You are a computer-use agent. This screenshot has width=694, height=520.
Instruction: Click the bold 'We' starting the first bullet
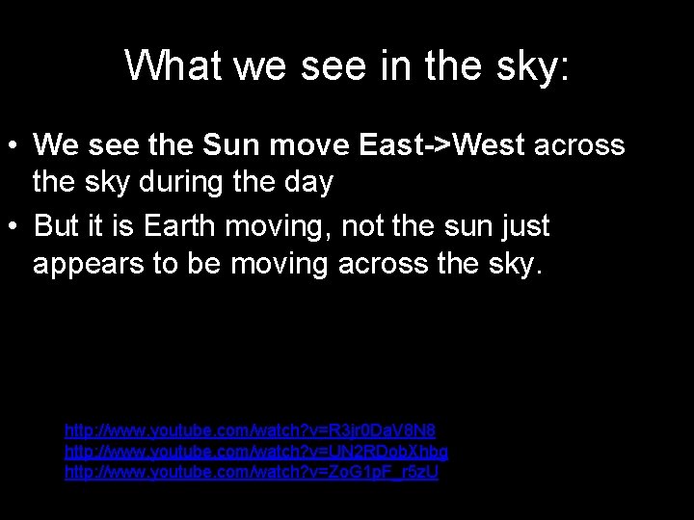pos(55,145)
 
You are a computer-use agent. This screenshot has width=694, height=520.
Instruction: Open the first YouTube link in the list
pos(250,429)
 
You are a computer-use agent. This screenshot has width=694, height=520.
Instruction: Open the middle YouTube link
pos(255,451)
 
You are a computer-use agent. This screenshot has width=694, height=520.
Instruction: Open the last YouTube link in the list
pos(252,473)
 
